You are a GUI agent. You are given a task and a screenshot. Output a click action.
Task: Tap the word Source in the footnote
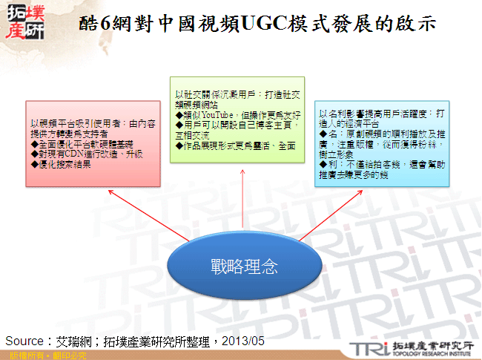pos(25,341)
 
